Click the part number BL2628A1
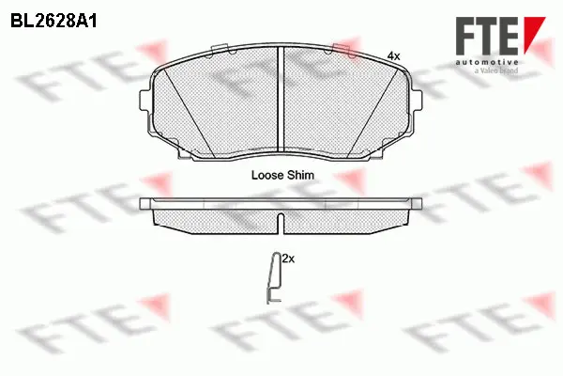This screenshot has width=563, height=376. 53,22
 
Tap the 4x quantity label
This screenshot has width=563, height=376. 393,55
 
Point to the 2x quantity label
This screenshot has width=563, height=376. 288,258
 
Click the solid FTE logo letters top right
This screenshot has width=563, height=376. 487,36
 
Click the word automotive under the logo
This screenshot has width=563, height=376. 487,63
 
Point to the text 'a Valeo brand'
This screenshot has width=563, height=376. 495,70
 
